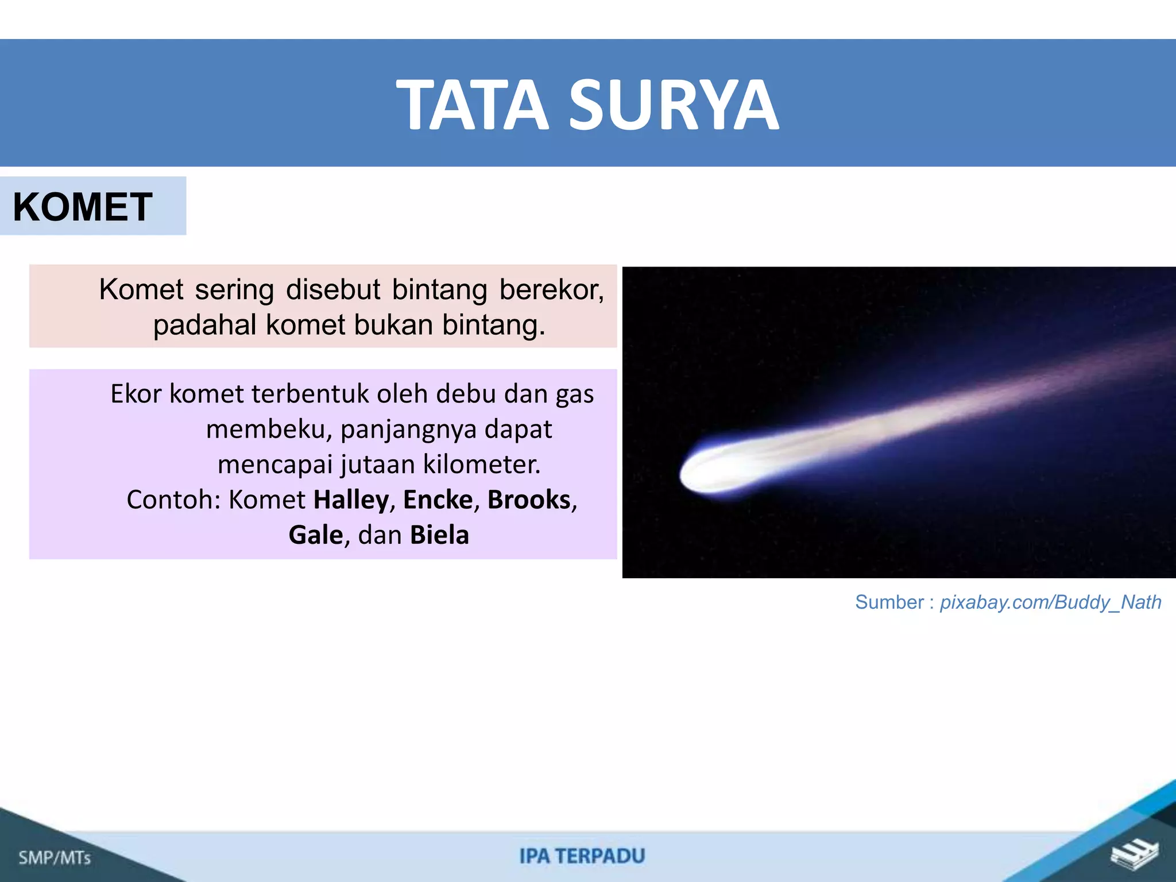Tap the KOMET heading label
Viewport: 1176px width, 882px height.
tap(83, 207)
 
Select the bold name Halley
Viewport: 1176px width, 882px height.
tap(351, 500)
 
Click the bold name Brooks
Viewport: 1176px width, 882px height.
tap(529, 500)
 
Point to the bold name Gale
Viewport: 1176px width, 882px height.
tap(315, 535)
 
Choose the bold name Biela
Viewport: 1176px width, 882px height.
tap(439, 535)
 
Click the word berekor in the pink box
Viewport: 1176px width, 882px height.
tap(551, 289)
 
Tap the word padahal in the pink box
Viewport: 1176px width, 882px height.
tap(204, 325)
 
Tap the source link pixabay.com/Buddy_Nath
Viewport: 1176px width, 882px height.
tap(1050, 602)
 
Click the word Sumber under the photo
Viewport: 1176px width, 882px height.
tap(889, 602)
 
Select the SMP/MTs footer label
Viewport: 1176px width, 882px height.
tap(55, 858)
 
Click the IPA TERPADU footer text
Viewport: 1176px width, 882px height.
tap(582, 856)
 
